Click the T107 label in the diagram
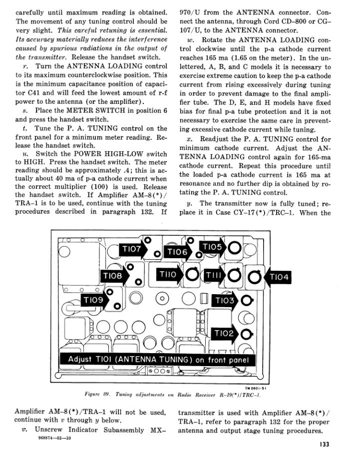coord(132,248)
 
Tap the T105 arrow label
coord(213,247)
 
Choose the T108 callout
coord(113,275)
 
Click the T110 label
coord(168,275)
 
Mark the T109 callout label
coord(94,300)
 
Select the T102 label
coord(225,333)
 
